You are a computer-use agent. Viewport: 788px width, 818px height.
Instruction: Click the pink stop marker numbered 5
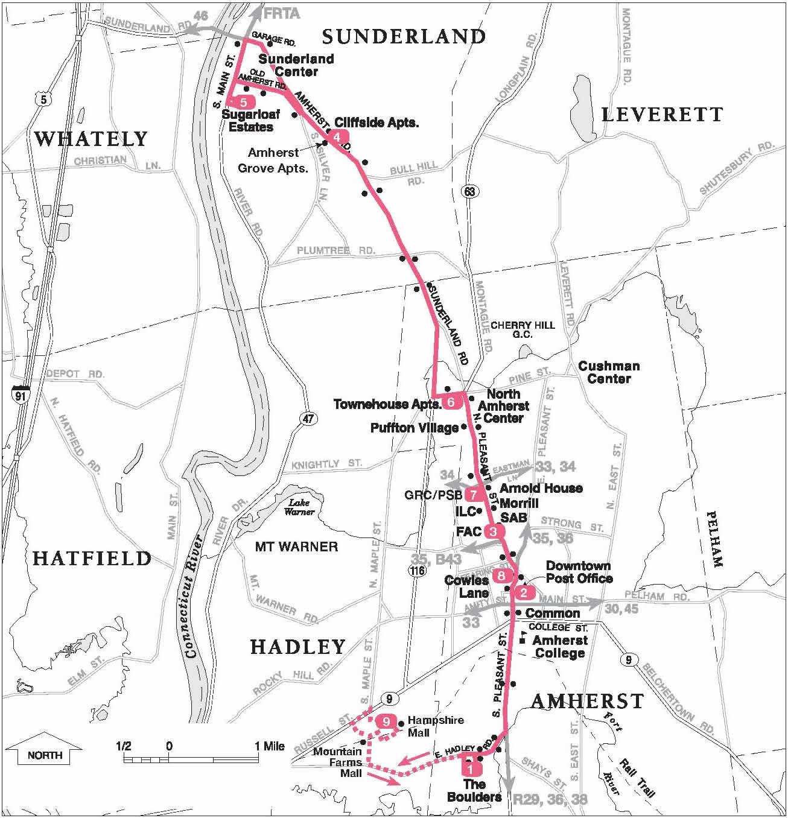[x=243, y=102]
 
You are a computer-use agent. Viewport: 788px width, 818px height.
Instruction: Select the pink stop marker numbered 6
[x=452, y=402]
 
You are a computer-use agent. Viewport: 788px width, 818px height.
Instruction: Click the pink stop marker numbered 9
[x=386, y=721]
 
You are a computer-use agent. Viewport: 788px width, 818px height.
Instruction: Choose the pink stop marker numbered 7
[x=474, y=495]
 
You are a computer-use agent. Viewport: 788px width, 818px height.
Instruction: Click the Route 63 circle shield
[x=469, y=191]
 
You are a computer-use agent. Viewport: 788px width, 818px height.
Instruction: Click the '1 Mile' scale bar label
[x=269, y=746]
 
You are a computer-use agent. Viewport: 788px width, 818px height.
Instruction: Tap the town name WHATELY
[x=91, y=139]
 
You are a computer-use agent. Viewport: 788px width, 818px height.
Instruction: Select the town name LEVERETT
[x=662, y=115]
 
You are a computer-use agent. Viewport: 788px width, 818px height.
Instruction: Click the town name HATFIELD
[x=92, y=559]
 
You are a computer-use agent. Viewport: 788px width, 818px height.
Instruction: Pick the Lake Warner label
[x=300, y=507]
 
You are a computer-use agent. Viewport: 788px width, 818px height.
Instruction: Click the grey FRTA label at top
[x=282, y=13]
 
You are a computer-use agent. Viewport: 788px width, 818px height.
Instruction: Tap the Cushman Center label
[x=609, y=372]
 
